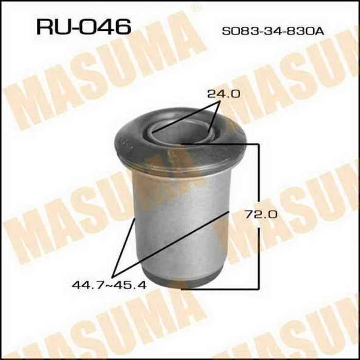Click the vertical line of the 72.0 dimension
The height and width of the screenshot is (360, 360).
pyautogui.click(x=258, y=216)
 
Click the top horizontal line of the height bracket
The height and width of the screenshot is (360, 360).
pyautogui.click(x=221, y=143)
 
